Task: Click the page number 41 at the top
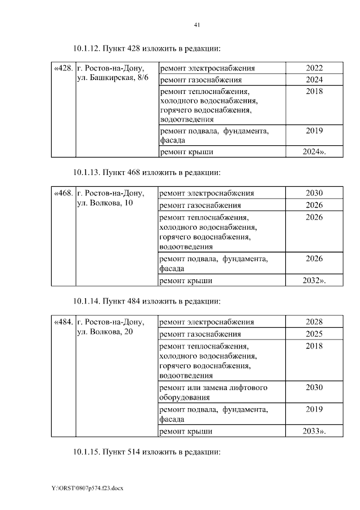pyautogui.click(x=197, y=25)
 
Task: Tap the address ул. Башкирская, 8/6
pyautogui.click(x=112, y=79)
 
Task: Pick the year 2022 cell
pyautogui.click(x=314, y=69)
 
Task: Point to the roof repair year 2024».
pyautogui.click(x=314, y=151)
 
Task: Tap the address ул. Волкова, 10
pyautogui.click(x=105, y=203)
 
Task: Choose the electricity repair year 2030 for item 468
pyautogui.click(x=314, y=194)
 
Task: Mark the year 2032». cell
pyautogui.click(x=314, y=280)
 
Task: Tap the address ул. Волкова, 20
pyautogui.click(x=105, y=333)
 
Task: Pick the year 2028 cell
pyautogui.click(x=314, y=323)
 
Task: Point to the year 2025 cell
pyautogui.click(x=314, y=334)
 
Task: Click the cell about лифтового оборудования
pyautogui.click(x=214, y=392)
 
